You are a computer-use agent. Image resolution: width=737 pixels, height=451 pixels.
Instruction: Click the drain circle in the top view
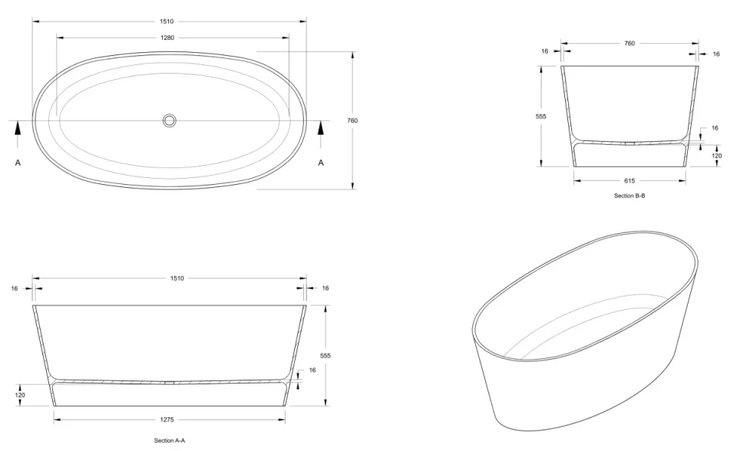tap(170, 120)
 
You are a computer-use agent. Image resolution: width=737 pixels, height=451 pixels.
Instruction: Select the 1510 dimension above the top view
tap(169, 21)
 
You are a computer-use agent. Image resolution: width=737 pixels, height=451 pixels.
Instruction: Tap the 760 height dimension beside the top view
tap(352, 120)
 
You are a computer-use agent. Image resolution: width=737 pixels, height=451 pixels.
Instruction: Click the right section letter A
tap(321, 163)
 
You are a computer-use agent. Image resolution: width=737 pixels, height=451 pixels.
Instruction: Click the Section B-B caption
tap(630, 196)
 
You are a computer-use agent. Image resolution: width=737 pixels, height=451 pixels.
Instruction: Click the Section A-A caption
tap(170, 441)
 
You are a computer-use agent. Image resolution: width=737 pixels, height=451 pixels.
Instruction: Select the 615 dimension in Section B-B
tap(630, 180)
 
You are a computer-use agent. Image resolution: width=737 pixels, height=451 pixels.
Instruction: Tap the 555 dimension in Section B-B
tap(540, 116)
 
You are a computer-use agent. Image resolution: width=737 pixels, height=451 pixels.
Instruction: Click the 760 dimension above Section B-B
tap(630, 44)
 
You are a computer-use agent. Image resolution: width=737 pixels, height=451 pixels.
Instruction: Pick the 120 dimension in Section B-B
tap(717, 156)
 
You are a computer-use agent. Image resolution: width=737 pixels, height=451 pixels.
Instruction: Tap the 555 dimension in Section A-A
tap(326, 356)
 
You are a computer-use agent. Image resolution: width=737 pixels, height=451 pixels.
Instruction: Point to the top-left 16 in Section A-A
tap(15, 288)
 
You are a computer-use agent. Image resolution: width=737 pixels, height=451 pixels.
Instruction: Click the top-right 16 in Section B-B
tap(716, 54)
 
